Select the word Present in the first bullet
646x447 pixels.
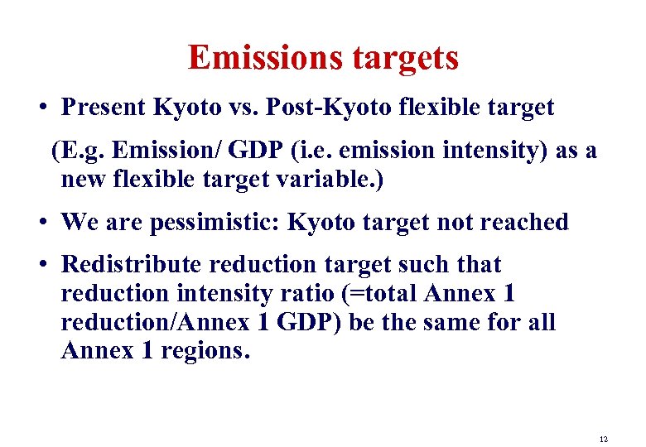(103, 108)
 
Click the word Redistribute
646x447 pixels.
(132, 264)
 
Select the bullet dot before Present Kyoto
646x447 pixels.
(40, 108)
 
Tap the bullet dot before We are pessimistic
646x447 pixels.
(40, 223)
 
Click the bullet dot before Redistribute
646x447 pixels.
(40, 265)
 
